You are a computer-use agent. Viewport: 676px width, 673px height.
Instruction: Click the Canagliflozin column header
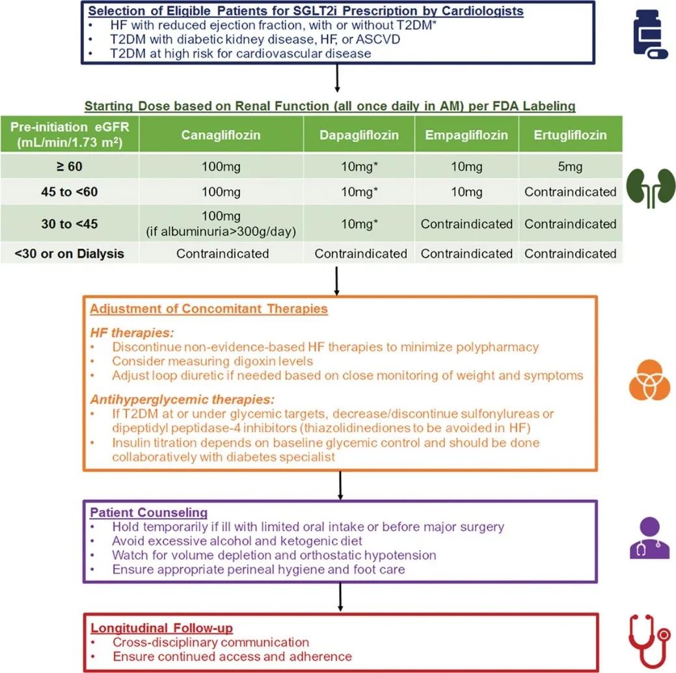point(221,135)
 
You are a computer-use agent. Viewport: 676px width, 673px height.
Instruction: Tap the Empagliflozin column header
point(466,135)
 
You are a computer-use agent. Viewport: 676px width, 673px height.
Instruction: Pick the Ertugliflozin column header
point(570,135)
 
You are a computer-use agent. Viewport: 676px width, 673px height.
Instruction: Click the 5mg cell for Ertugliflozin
point(570,167)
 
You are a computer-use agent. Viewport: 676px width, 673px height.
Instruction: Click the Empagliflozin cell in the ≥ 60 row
point(466,167)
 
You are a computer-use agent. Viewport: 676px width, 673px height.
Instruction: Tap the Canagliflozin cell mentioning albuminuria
point(221,223)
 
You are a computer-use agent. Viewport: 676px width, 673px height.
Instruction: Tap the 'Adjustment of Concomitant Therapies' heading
point(208,309)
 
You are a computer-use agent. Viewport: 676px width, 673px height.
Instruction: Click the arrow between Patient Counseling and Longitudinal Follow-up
point(340,596)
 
